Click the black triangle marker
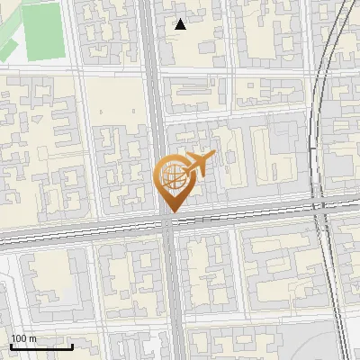click(181, 24)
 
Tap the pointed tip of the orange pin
click(171, 211)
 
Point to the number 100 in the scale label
click(19, 339)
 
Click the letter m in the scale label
click(32, 339)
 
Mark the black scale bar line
click(41, 346)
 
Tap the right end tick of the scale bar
click(72, 345)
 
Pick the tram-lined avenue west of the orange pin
click(72, 232)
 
